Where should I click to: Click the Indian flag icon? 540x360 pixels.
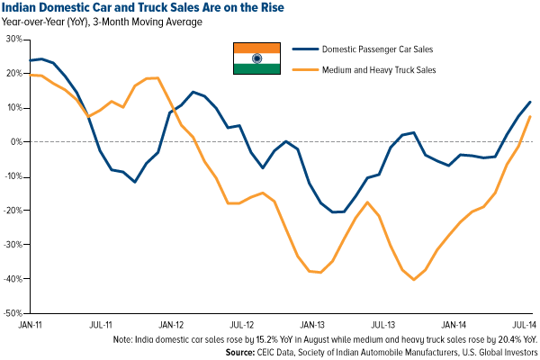point(256,58)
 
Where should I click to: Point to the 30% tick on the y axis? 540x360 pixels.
point(13,40)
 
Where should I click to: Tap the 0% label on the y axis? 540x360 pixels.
point(15,142)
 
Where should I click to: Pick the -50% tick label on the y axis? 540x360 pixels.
point(12,314)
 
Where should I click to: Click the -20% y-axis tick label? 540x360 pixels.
point(12,211)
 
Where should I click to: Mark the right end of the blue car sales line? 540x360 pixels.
point(530,102)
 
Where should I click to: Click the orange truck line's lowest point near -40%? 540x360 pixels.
point(413,279)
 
